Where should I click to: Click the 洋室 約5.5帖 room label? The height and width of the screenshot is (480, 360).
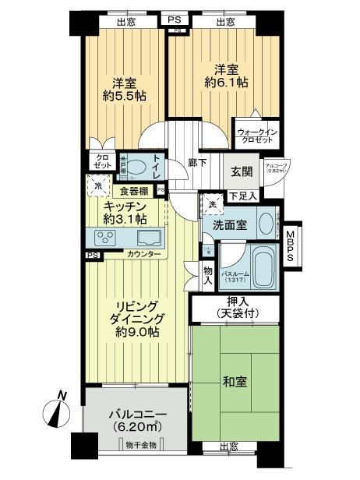[x=124, y=90]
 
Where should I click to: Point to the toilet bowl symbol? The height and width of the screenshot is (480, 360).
[x=137, y=168]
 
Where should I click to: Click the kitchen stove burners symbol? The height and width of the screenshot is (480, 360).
[x=105, y=237]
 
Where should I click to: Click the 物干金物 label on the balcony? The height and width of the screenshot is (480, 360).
[x=140, y=444]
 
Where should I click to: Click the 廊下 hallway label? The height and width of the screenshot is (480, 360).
[x=197, y=164]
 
